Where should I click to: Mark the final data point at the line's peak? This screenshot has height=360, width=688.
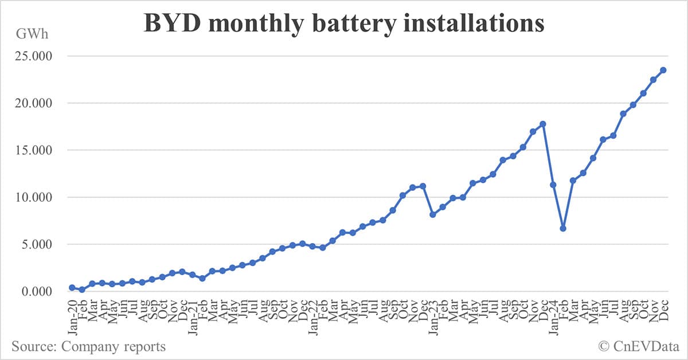click(x=663, y=70)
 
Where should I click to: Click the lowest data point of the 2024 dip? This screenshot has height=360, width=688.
click(x=563, y=228)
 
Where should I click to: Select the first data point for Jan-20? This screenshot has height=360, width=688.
click(x=72, y=287)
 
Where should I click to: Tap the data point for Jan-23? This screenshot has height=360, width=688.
click(x=433, y=214)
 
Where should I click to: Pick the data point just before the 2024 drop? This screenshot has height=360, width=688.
click(x=543, y=124)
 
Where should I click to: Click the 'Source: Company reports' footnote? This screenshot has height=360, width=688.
click(x=88, y=346)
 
